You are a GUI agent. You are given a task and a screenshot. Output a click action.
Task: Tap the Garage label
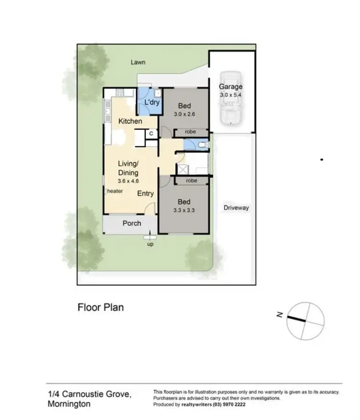click(x=231, y=87)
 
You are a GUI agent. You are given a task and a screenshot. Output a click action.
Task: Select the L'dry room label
click(x=152, y=102)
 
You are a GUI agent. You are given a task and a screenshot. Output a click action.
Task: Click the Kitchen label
click(x=130, y=121)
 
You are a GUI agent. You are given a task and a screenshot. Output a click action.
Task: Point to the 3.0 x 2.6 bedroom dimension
click(x=185, y=114)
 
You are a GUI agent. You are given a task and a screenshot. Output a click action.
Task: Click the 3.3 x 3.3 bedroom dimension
click(x=185, y=210)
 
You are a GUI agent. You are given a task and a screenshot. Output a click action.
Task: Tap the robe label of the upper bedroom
click(x=191, y=132)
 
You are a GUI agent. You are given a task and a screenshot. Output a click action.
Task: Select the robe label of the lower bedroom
click(x=191, y=181)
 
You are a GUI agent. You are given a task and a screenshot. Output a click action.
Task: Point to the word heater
click(x=115, y=191)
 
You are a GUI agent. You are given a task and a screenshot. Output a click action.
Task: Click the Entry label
click(x=145, y=193)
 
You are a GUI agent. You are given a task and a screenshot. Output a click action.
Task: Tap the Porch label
click(x=132, y=223)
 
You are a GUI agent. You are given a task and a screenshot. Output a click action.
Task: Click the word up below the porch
click(x=150, y=244)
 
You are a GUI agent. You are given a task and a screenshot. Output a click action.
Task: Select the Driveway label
click(x=236, y=208)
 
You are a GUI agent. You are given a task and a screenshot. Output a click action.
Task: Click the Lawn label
click(x=138, y=62)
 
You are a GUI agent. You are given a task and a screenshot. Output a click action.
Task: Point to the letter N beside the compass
click(x=278, y=315)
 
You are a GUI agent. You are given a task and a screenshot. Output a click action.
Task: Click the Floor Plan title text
click(x=101, y=307)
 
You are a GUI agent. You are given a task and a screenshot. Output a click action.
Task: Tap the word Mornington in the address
click(x=69, y=404)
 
